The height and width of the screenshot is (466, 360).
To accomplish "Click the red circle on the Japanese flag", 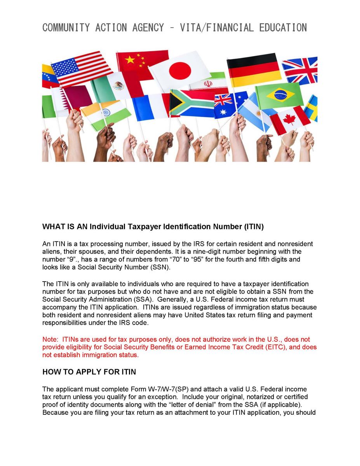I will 180,71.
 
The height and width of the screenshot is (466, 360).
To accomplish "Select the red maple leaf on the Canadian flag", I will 289,120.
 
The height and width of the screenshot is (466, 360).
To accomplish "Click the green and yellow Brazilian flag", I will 280,95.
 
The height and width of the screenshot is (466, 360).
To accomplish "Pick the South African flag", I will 191,103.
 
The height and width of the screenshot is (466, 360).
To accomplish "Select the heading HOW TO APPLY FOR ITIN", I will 89,372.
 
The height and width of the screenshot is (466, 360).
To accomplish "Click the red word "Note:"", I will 51,339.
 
